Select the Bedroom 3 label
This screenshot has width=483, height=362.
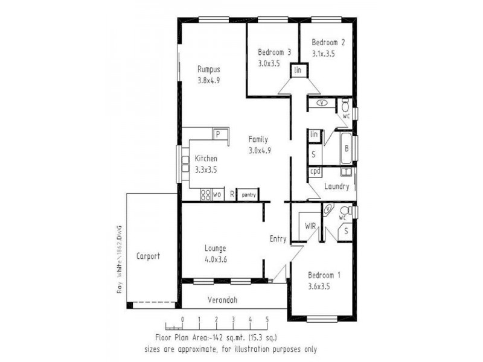point(274,52)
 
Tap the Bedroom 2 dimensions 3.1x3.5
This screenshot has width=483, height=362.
point(323,54)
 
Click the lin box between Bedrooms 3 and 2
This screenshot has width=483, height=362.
point(298,71)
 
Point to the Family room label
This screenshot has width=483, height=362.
point(258,139)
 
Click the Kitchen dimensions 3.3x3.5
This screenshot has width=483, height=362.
point(205,170)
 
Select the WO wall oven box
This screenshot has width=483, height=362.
point(215,195)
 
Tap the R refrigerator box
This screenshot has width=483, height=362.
point(232,195)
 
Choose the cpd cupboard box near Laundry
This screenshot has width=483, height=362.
point(315,171)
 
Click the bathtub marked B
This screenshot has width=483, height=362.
point(346,148)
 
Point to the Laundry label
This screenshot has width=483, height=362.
point(336,186)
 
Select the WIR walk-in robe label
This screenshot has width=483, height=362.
point(310,226)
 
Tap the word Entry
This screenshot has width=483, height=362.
point(278,239)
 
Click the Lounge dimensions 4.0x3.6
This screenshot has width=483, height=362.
point(215,260)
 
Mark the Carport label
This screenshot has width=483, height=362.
point(148,256)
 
